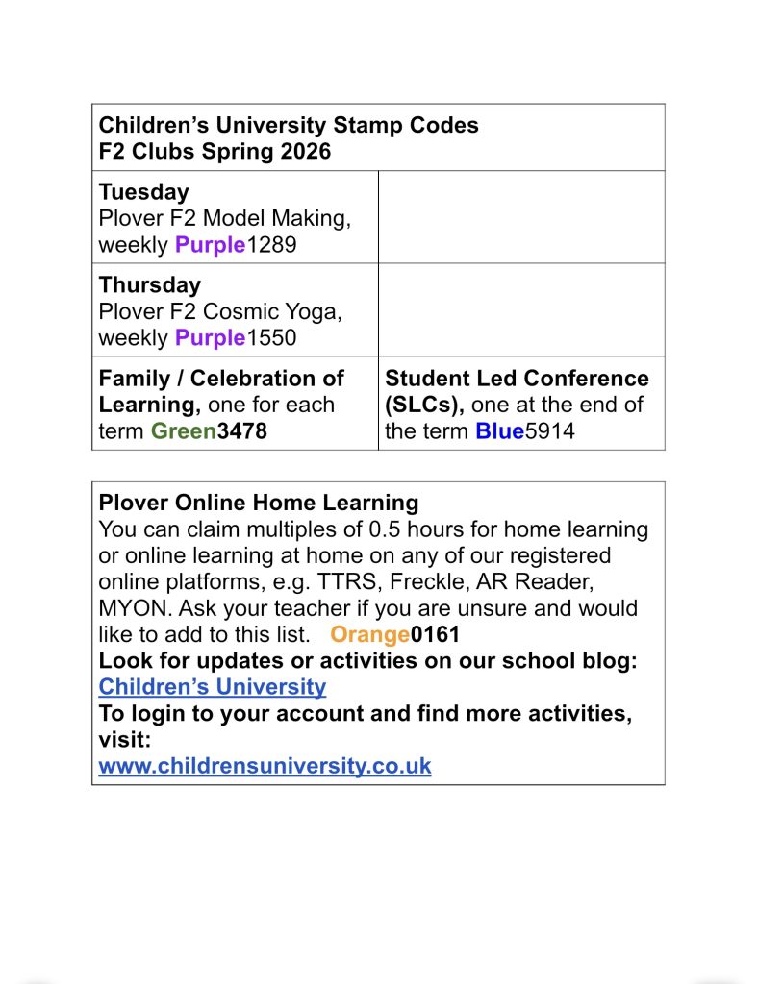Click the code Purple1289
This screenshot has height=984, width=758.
tap(236, 245)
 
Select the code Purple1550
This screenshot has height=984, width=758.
tap(236, 338)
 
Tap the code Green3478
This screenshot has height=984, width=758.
tap(209, 431)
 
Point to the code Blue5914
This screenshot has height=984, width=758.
tap(524, 431)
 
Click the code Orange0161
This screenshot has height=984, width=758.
tap(394, 634)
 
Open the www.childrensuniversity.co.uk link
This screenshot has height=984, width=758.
tap(265, 766)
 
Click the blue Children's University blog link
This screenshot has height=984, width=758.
tap(213, 687)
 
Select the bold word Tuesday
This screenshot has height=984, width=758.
tap(143, 191)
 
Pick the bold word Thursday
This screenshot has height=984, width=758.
tap(149, 284)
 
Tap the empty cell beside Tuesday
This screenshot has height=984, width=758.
tap(520, 217)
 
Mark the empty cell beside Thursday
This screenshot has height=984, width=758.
tap(520, 309)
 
